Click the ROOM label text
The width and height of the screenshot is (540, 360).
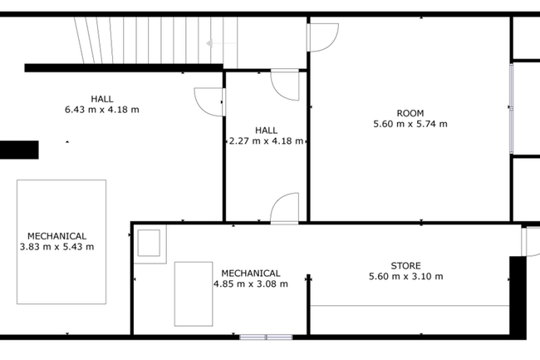point(410,113)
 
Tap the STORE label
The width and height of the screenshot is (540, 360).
point(405,266)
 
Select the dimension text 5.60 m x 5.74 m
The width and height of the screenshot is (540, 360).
point(410,124)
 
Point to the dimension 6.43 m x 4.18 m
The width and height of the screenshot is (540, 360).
point(102,110)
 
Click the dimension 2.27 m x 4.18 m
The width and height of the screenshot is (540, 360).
point(266,141)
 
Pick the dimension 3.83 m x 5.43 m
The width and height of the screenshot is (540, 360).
point(56,247)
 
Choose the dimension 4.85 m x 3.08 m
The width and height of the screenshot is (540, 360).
point(251,284)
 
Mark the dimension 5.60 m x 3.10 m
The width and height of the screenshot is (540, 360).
point(406,277)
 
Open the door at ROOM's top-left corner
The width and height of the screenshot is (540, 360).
point(322,37)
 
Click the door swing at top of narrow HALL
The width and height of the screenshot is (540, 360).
point(285,85)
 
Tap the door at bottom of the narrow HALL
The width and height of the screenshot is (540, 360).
point(285,209)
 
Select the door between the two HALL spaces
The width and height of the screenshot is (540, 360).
point(209,102)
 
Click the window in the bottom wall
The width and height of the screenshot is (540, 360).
point(266,338)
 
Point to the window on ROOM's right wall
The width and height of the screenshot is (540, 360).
point(512,108)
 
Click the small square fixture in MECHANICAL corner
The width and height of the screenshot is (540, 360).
point(149,244)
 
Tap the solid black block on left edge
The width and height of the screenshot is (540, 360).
point(19,150)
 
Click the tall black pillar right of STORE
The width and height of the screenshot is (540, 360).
point(518,298)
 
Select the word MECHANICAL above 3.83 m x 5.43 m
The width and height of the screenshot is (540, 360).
point(56,236)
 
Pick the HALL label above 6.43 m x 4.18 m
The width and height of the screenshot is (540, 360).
point(102,99)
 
